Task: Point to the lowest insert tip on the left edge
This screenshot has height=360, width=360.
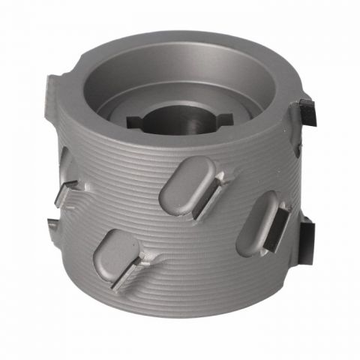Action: point(54,223)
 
